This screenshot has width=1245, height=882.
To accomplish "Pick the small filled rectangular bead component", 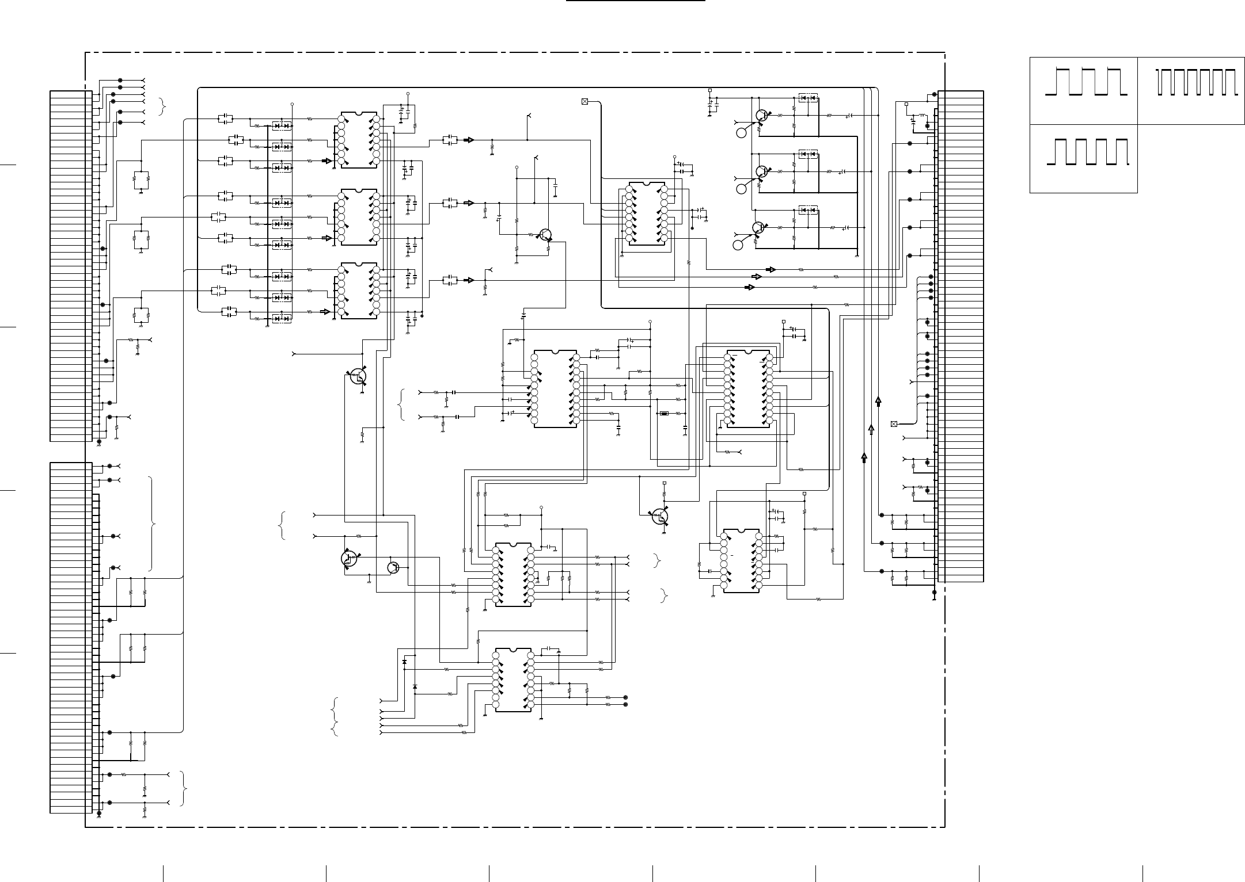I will pyautogui.click(x=664, y=413).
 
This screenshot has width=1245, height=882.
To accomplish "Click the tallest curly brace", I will pyautogui.click(x=152, y=523).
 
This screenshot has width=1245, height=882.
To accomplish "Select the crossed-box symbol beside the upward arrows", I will pyautogui.click(x=894, y=424).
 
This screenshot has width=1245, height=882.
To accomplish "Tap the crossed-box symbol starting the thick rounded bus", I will pyautogui.click(x=585, y=102).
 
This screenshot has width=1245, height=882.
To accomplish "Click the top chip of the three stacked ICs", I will pyautogui.click(x=359, y=140).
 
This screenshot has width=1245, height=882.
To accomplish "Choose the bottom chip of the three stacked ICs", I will pyautogui.click(x=359, y=291).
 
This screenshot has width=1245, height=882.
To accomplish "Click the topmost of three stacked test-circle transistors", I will pyautogui.click(x=762, y=116).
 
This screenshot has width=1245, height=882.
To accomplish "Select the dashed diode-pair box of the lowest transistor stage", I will pyautogui.click(x=808, y=210).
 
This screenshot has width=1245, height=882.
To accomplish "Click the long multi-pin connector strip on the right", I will pyautogui.click(x=961, y=336).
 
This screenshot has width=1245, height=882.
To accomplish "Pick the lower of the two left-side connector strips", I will pyautogui.click(x=71, y=637).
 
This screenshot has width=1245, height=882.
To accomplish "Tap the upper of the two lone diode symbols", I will pyautogui.click(x=404, y=662).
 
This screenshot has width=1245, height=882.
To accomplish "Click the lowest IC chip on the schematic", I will pyautogui.click(x=513, y=679).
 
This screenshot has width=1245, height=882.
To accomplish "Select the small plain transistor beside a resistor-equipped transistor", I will pyautogui.click(x=393, y=567).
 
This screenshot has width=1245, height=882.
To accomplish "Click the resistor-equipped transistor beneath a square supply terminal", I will pyautogui.click(x=660, y=516).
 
